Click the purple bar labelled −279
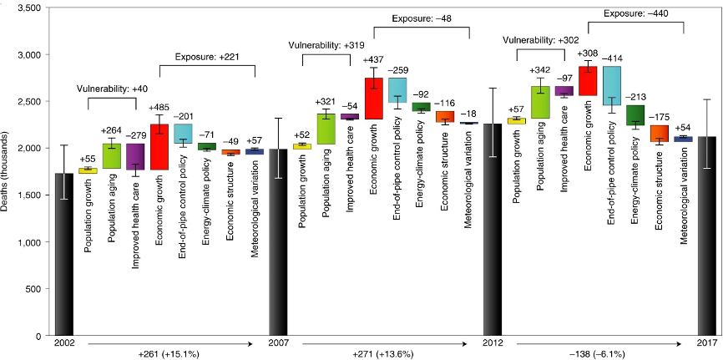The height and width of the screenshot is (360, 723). click(x=134, y=156)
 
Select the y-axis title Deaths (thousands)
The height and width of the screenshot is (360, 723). click(x=8, y=170)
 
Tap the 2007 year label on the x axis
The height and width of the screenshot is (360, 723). click(x=278, y=343)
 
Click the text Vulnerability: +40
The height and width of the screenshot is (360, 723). click(x=111, y=88)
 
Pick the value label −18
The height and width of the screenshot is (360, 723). click(x=469, y=112)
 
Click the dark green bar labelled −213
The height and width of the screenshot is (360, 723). click(x=635, y=114)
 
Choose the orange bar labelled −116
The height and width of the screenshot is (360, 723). click(x=445, y=117)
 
